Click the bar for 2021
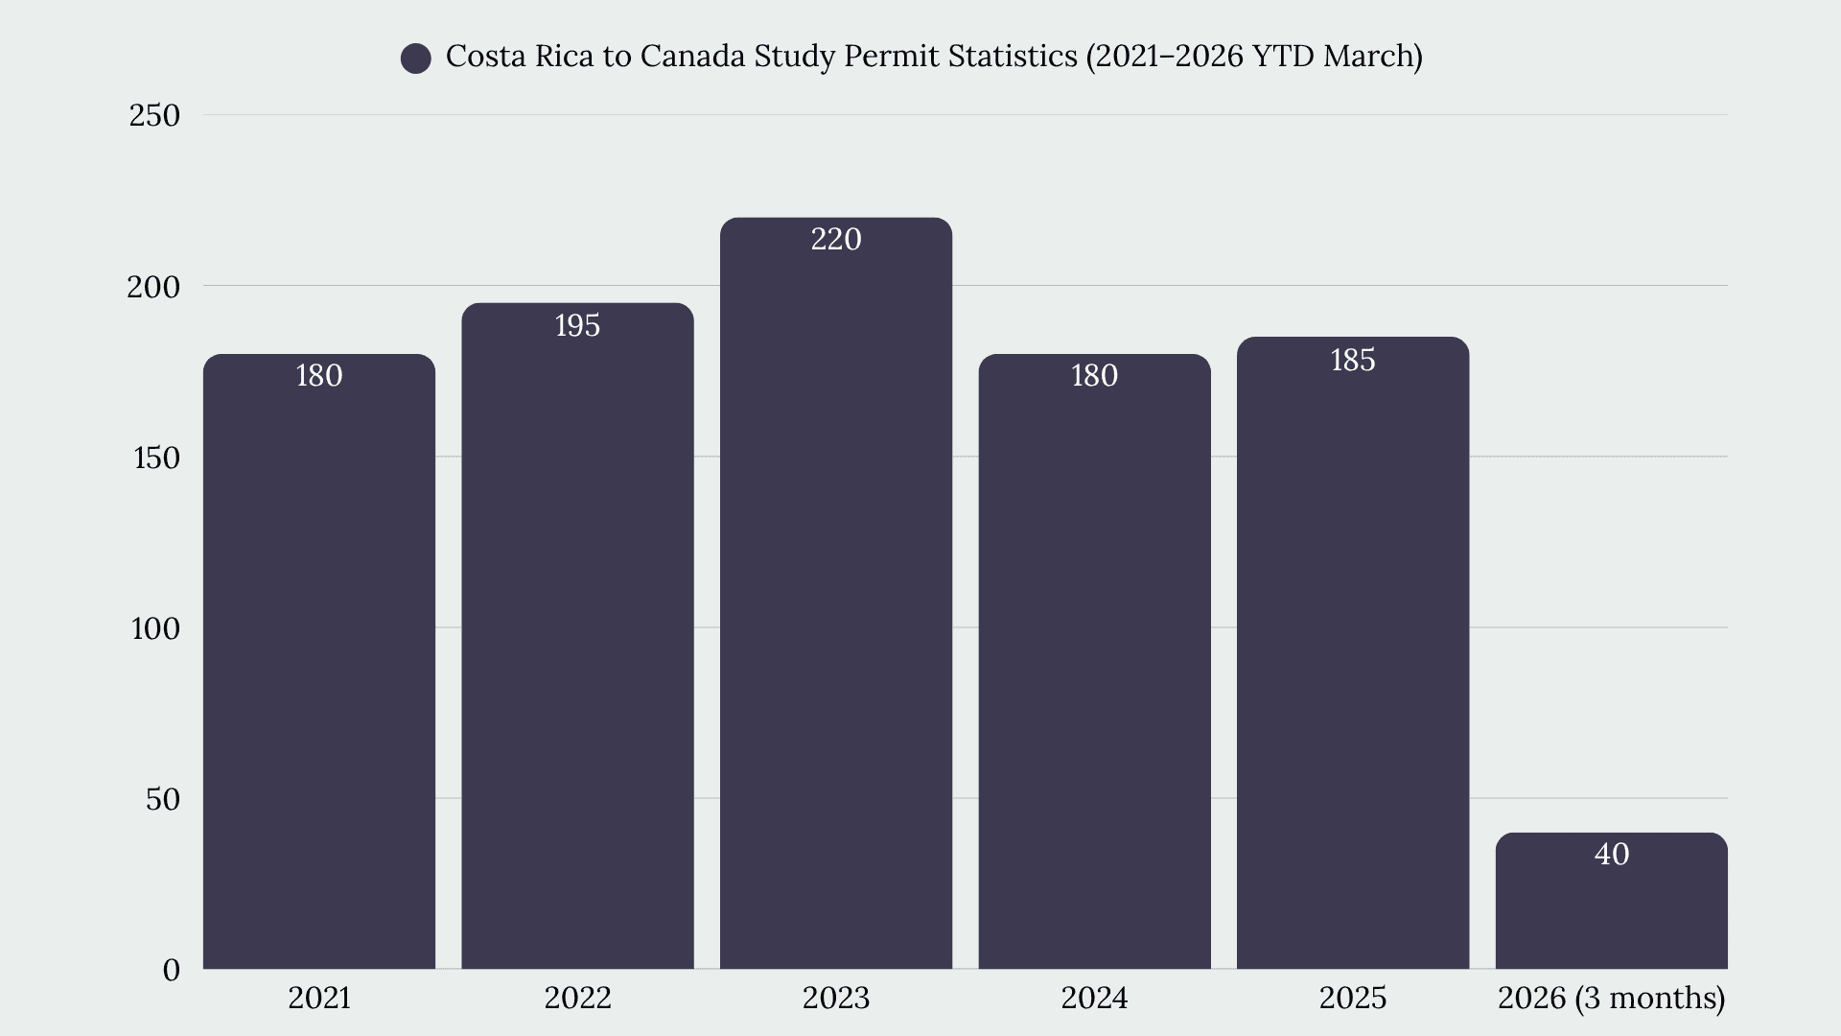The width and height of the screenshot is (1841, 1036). [x=319, y=662]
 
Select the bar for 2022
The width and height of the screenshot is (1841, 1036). [x=577, y=636]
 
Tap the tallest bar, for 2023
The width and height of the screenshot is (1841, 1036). [x=836, y=593]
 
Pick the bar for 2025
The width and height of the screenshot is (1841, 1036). [x=1353, y=652]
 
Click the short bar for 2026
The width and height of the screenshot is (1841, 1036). [x=1612, y=901]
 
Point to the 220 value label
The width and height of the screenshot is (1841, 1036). [x=836, y=239]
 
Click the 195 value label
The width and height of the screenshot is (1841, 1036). [x=577, y=325]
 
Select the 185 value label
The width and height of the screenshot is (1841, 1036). [x=1353, y=360]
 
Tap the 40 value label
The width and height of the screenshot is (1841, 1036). [x=1612, y=854]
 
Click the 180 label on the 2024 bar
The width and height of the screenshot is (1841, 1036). [x=1094, y=375]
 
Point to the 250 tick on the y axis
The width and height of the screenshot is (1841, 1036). [x=154, y=115]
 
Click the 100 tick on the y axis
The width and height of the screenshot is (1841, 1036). [x=155, y=628]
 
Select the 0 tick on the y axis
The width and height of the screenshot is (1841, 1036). [x=172, y=970]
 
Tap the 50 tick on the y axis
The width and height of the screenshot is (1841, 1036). [x=163, y=799]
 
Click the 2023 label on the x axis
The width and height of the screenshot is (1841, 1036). [x=836, y=998]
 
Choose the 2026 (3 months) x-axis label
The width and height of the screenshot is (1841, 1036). [x=1612, y=999]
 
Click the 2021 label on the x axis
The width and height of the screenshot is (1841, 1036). [x=319, y=998]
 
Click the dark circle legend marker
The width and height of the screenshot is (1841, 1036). [x=416, y=59]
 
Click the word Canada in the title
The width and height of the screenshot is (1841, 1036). [x=692, y=57]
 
